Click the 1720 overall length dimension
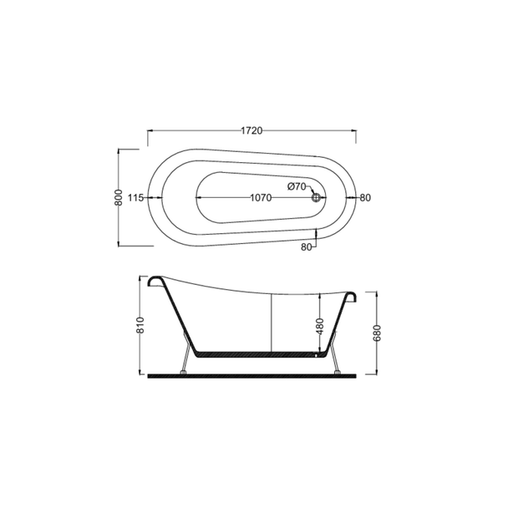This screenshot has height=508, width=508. click(251, 130)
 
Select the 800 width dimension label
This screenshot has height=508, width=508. click(119, 197)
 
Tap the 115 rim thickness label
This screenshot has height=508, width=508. click(135, 198)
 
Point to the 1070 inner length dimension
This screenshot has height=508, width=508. click(261, 198)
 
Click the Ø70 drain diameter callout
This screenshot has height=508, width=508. click(297, 186)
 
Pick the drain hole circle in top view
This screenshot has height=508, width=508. click(316, 198)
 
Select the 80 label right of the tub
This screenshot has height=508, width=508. click(365, 198)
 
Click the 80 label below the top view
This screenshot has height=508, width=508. click(306, 246)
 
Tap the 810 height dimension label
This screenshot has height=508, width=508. click(140, 325)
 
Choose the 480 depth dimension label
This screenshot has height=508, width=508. click(320, 326)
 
